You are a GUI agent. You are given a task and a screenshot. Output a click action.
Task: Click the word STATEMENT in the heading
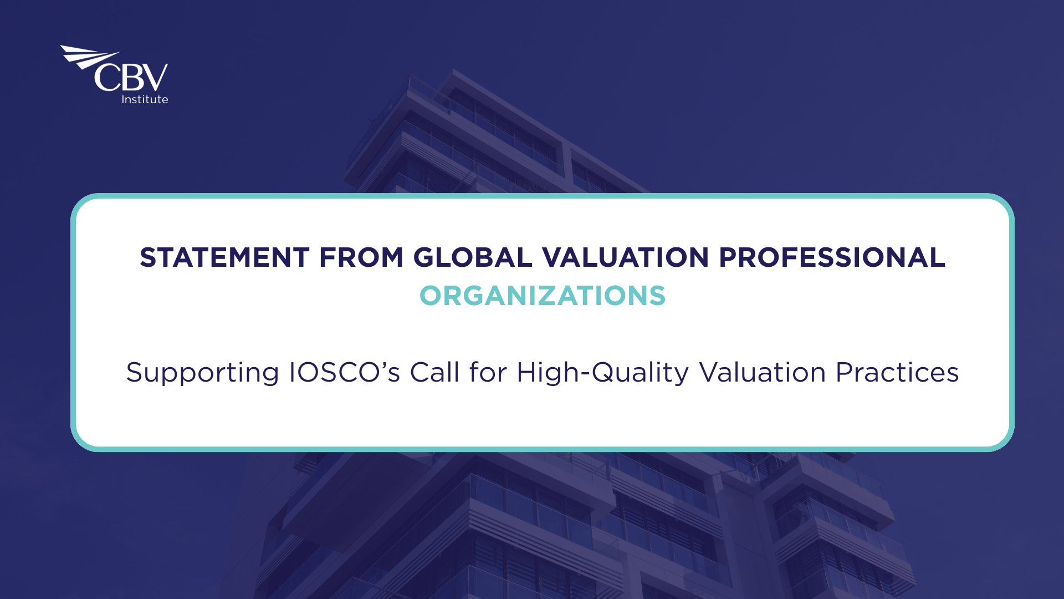(224, 257)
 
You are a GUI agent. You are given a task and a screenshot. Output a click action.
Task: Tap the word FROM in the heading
(361, 257)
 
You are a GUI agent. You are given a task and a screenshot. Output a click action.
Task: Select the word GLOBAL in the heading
(473, 257)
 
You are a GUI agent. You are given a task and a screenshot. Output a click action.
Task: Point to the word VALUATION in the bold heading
(626, 257)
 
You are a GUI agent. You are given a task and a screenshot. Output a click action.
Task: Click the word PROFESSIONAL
(832, 257)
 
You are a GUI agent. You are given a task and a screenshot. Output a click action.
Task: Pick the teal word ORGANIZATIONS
(543, 296)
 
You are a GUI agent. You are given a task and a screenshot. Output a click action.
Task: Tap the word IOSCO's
(344, 372)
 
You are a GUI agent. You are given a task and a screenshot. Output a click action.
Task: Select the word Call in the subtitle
(435, 372)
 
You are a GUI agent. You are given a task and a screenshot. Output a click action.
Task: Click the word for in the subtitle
(488, 372)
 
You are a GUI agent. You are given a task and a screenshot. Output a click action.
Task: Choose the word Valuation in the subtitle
(763, 372)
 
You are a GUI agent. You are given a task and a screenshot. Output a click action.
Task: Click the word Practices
(897, 372)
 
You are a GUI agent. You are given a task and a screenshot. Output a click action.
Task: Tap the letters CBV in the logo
(131, 77)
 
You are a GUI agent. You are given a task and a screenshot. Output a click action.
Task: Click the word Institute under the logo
(145, 99)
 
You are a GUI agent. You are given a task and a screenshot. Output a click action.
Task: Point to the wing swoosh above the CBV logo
(89, 57)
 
